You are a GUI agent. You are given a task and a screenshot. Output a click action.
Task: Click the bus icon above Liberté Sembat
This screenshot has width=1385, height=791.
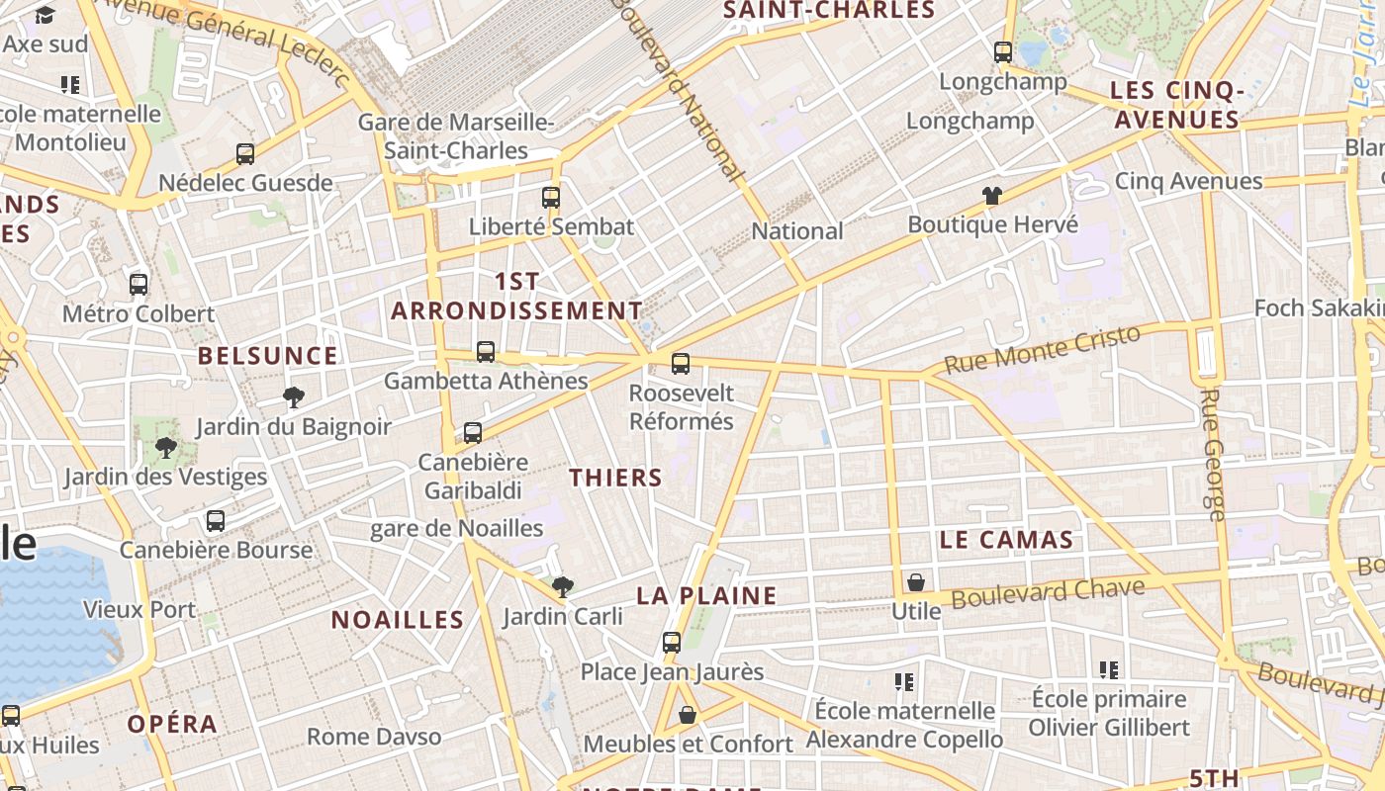click(x=551, y=198)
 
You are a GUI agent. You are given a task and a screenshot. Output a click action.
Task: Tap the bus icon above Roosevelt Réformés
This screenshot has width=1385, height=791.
click(x=681, y=364)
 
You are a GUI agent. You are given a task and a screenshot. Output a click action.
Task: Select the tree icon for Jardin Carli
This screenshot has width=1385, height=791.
click(x=563, y=587)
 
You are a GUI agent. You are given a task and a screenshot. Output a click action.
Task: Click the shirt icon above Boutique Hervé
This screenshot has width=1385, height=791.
click(x=992, y=196)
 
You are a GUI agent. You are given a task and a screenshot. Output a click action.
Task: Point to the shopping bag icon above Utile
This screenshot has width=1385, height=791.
click(x=916, y=582)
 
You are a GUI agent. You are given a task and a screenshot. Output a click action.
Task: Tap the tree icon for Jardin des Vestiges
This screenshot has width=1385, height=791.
click(x=166, y=448)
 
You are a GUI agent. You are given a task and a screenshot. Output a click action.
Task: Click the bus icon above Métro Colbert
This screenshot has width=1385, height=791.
click(x=138, y=285)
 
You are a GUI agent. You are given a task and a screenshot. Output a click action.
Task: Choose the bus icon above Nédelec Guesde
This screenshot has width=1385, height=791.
click(x=245, y=154)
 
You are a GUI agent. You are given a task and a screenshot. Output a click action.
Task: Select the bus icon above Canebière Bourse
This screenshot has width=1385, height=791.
click(x=216, y=521)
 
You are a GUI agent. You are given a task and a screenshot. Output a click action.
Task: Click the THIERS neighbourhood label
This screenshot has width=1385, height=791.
click(x=615, y=478)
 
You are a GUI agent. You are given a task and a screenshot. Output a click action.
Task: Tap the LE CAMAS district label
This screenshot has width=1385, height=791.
click(x=1006, y=540)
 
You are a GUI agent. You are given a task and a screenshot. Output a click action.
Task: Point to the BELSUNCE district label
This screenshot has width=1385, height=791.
click(x=267, y=356)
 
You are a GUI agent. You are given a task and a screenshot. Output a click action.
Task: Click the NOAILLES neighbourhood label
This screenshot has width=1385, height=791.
click(x=398, y=620)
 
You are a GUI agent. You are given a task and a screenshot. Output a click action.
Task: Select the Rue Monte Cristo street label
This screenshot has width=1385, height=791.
click(x=1042, y=349)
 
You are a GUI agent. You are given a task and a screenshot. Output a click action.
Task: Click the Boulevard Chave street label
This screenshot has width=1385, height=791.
click(x=1048, y=593)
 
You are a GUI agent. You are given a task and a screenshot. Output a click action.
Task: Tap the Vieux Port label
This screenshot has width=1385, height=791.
click(x=139, y=609)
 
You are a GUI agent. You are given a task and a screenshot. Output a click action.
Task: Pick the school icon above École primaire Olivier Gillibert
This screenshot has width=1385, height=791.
click(x=1109, y=670)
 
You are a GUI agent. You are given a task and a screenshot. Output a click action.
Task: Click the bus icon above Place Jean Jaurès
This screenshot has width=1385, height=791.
click(x=672, y=643)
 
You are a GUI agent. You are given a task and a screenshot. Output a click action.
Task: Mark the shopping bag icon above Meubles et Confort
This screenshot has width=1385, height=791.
click(x=688, y=714)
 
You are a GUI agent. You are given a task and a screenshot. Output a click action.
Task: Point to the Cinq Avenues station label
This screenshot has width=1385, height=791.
click(x=1188, y=181)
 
